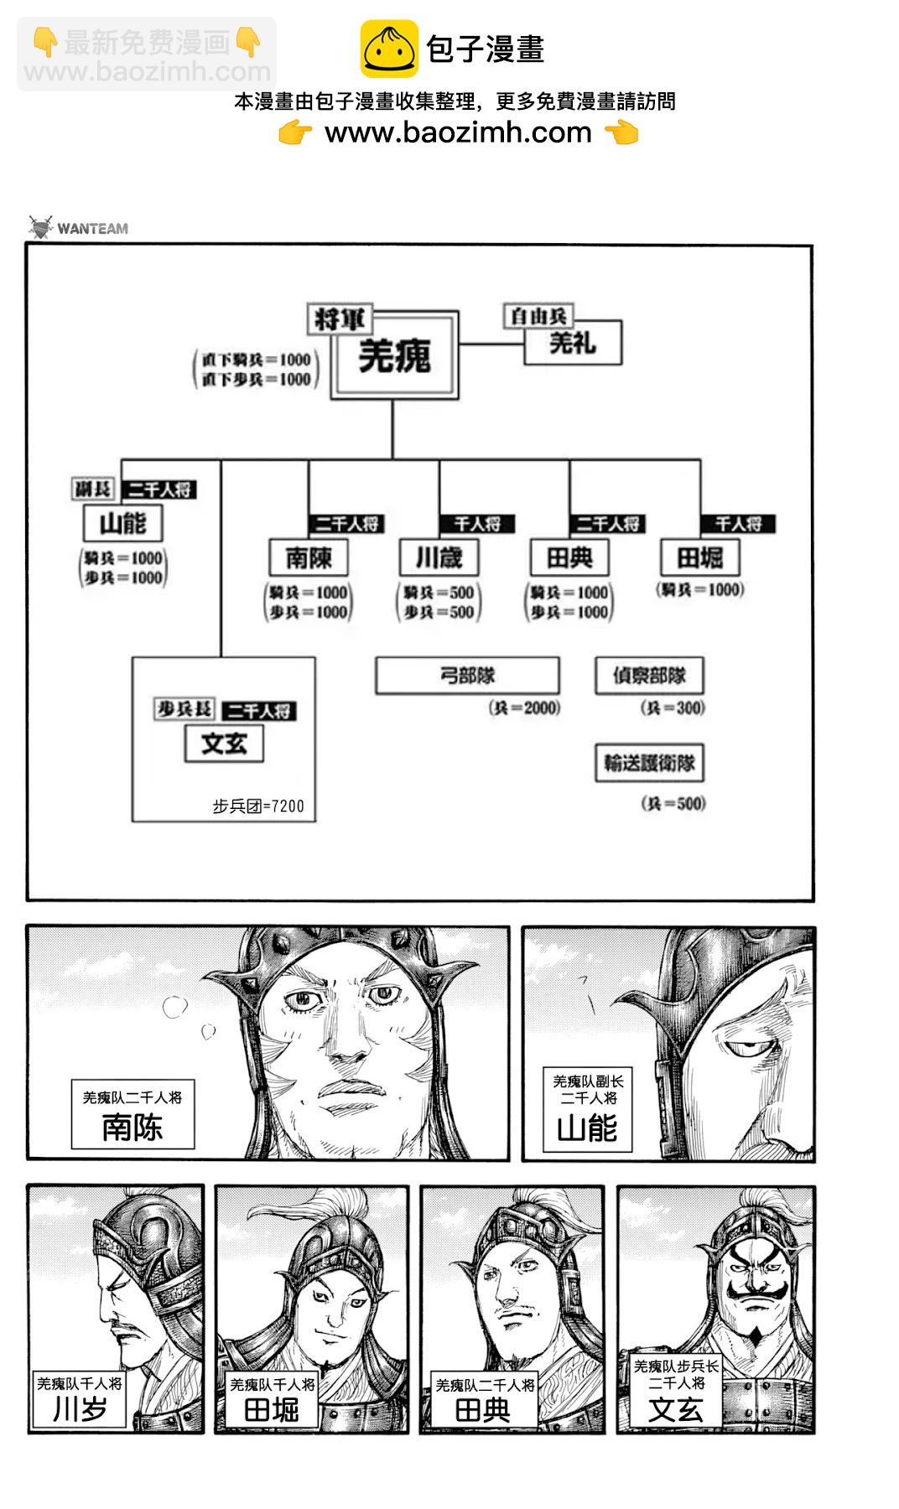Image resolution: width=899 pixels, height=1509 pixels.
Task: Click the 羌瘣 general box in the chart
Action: [394, 356]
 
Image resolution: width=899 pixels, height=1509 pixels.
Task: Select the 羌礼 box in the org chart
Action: [573, 342]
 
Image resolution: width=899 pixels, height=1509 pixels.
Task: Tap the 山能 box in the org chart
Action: [123, 524]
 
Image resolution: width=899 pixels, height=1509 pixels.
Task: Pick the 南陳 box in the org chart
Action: [309, 557]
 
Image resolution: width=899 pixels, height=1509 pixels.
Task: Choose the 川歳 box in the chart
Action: [439, 557]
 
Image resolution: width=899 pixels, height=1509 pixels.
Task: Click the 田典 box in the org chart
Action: [569, 557]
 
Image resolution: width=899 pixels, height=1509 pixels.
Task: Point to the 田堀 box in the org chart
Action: [699, 557]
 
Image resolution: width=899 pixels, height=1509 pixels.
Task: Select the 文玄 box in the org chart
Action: [224, 743]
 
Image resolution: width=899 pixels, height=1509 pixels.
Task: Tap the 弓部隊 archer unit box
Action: [467, 676]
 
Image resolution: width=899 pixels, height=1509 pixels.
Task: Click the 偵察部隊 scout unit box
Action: [649, 676]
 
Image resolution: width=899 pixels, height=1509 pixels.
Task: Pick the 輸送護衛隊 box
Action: [649, 763]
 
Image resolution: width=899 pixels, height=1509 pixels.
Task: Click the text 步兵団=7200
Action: [258, 806]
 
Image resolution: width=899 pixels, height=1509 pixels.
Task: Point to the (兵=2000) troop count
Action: [524, 708]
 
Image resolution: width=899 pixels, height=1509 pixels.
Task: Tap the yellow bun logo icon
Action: [389, 49]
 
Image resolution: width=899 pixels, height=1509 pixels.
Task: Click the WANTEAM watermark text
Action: [92, 228]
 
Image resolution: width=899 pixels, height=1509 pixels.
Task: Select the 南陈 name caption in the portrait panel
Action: [133, 1127]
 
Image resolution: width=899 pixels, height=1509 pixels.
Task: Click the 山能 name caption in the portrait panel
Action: [587, 1128]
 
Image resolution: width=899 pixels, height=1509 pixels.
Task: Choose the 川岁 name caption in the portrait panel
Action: [80, 1409]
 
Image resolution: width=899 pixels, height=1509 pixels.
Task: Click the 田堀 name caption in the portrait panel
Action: [272, 1410]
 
